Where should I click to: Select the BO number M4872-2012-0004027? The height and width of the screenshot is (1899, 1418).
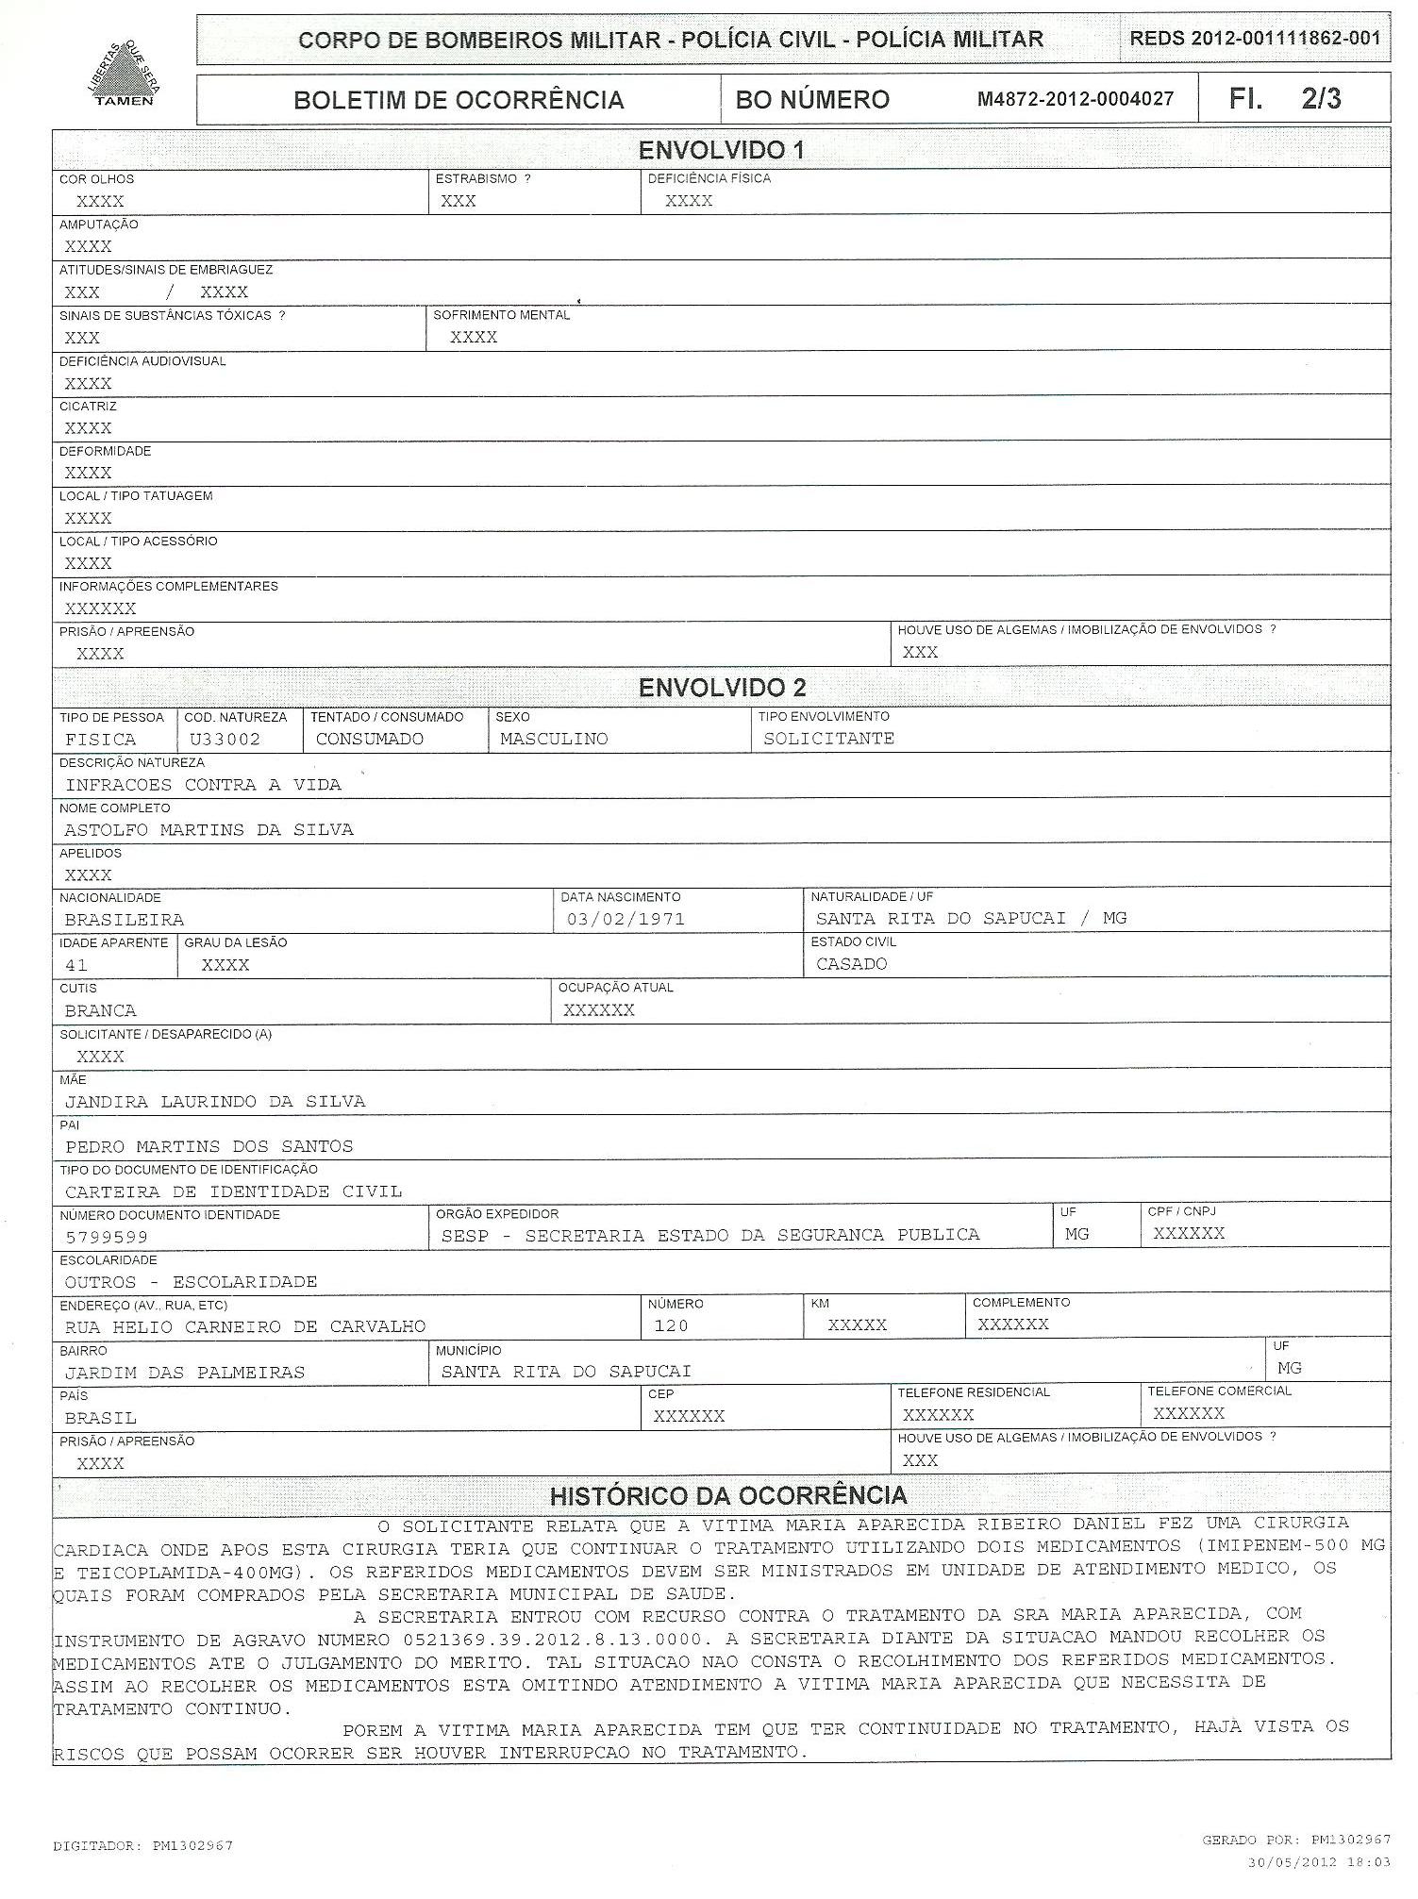[1075, 99]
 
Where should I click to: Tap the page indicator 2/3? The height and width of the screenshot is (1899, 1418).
[1321, 99]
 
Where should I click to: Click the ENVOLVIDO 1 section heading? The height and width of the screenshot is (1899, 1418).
[722, 150]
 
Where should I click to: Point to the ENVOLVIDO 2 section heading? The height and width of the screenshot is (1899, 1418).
[722, 688]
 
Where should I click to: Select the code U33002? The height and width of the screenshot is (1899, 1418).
[225, 740]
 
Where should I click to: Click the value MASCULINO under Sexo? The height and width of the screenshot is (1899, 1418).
[554, 740]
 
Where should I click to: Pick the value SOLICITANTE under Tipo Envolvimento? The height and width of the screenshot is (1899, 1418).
[828, 739]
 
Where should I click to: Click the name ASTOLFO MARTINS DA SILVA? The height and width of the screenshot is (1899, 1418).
[209, 830]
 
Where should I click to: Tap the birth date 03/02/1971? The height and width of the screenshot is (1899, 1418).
[626, 919]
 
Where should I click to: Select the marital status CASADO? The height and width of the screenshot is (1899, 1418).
[852, 964]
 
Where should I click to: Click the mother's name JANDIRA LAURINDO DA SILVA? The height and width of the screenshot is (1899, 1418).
[215, 1102]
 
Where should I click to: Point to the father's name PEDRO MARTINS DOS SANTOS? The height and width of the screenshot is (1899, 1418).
[209, 1147]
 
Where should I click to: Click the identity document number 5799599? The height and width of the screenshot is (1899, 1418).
[107, 1237]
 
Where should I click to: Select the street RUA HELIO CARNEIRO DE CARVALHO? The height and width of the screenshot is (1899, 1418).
[245, 1327]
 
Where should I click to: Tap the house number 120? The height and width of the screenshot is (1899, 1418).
[671, 1326]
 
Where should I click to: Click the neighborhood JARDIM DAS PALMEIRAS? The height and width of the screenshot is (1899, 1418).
[185, 1373]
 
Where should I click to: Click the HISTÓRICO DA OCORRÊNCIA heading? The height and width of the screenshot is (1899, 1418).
[728, 1495]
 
